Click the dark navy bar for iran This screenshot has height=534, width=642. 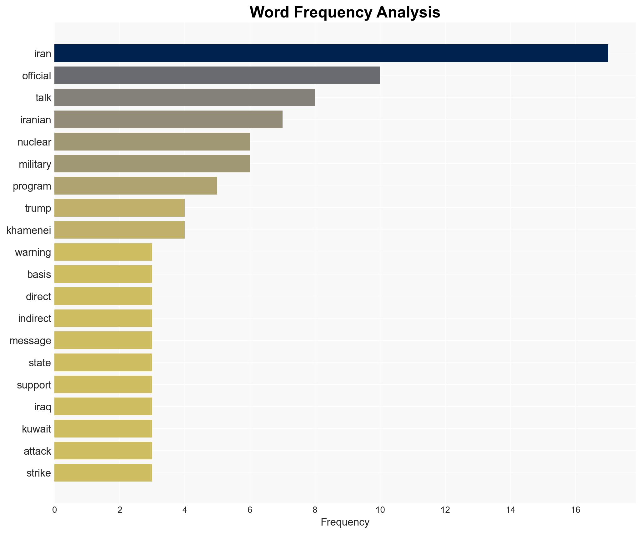[x=331, y=53]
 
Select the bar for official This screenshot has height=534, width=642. [x=217, y=75]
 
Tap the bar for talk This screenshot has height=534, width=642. [x=184, y=97]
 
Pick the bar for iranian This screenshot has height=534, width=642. [x=168, y=120]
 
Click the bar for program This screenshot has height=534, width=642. [x=136, y=186]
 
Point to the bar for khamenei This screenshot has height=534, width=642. [x=119, y=230]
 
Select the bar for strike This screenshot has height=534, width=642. [x=103, y=473]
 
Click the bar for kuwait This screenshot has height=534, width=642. [x=103, y=429]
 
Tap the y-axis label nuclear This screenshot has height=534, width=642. [x=34, y=142]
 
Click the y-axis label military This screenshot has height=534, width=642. [x=35, y=164]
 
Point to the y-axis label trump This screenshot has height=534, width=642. [x=38, y=208]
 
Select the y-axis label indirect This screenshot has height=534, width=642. [x=35, y=319]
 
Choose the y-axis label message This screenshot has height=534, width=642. [x=30, y=341]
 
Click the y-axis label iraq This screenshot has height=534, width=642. [x=43, y=407]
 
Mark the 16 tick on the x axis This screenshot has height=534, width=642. [x=575, y=510]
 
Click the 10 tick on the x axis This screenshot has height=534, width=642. [x=380, y=510]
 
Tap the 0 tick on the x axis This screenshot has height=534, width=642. [x=55, y=510]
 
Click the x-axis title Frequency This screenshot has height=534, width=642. [x=345, y=522]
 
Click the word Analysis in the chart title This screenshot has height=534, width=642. [x=408, y=12]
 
